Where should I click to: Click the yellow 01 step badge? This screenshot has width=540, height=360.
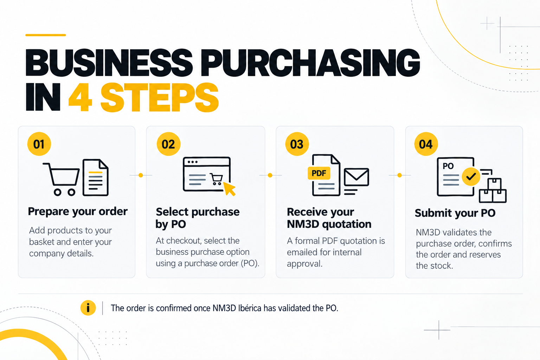tap(39, 144)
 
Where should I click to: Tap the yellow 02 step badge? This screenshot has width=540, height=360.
tap(168, 144)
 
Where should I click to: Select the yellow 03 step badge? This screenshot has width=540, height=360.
tap(297, 144)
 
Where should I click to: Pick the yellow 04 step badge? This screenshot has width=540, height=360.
tap(426, 144)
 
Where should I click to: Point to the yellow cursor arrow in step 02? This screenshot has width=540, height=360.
tap(230, 189)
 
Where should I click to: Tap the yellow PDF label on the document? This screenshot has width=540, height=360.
tap(319, 173)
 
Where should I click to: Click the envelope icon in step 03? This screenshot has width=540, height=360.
tap(356, 177)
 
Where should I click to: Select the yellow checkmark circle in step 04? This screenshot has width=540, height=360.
tap(471, 177)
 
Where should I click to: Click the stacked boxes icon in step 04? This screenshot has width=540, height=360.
tap(493, 190)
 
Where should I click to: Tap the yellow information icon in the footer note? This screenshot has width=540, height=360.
tap(88, 308)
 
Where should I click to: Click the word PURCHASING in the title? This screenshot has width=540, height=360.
tap(310, 62)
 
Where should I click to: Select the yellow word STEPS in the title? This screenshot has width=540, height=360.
tap(160, 97)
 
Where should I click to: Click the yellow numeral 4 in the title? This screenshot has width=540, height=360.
tap(80, 97)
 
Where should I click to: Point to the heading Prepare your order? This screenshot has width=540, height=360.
tap(78, 212)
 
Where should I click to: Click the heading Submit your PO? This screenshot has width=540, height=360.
tap(455, 213)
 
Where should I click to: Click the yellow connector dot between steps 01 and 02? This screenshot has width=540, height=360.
tap(141, 175)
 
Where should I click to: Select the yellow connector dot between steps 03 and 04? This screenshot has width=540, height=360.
tap(399, 175)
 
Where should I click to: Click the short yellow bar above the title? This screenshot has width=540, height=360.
tap(46, 35)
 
